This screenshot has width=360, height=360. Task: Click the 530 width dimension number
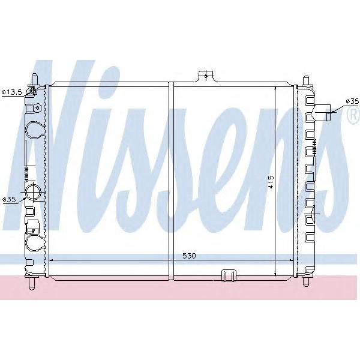pyautogui.click(x=189, y=256)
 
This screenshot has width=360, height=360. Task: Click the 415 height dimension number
pyautogui.click(x=271, y=182)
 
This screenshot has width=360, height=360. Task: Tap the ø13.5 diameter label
pyautogui.click(x=12, y=92)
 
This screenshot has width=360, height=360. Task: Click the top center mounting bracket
pyautogui.click(x=206, y=76)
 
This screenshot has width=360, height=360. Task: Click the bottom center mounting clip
pyautogui.click(x=229, y=275)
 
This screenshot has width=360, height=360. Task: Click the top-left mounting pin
pyautogui.click(x=35, y=79)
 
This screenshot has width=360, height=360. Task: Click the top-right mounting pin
pyautogui.click(x=306, y=80)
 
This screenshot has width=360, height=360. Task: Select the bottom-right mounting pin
pyautogui.click(x=308, y=280)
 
